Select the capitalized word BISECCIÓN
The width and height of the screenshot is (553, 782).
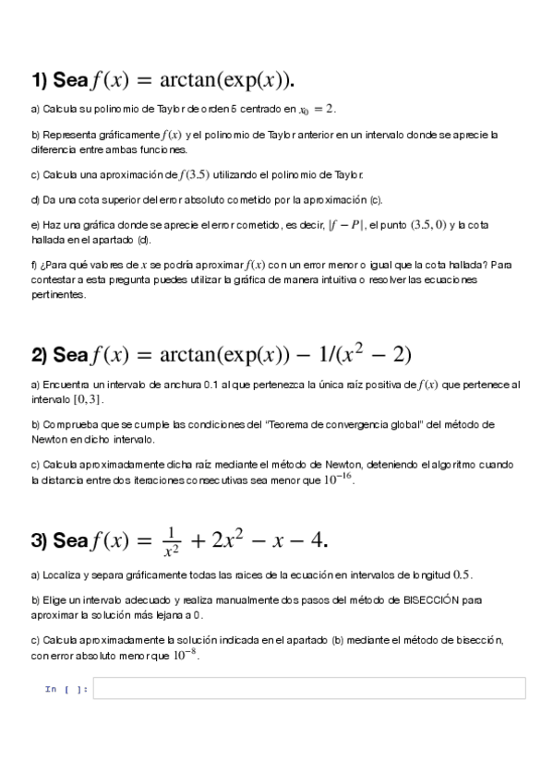[x=429, y=599]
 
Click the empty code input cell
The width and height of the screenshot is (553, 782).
[x=309, y=688]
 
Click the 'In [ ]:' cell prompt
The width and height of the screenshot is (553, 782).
[x=66, y=689]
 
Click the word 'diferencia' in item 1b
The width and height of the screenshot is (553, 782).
[x=52, y=148]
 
